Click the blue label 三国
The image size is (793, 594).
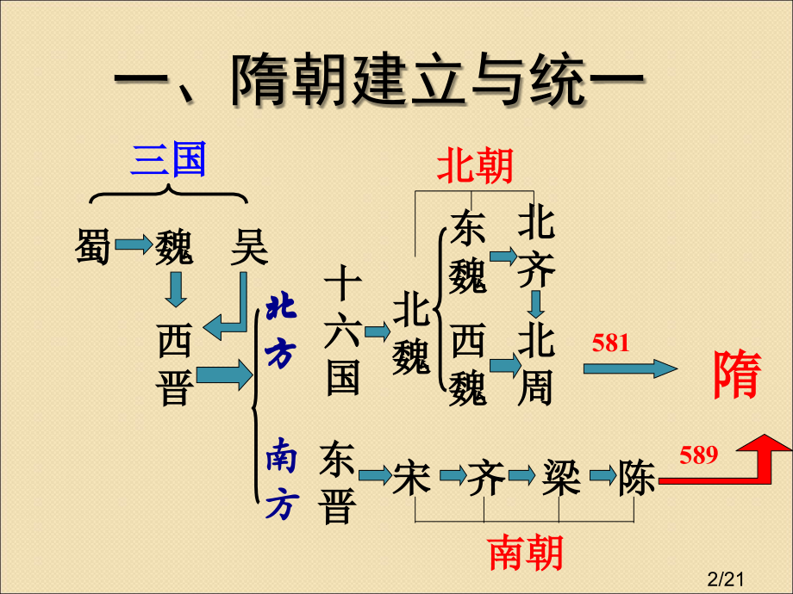pyautogui.click(x=168, y=161)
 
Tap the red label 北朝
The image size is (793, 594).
pyautogui.click(x=475, y=165)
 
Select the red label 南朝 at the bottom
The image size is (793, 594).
pyautogui.click(x=526, y=553)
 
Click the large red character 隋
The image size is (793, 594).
pyautogui.click(x=738, y=375)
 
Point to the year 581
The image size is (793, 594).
pyautogui.click(x=611, y=343)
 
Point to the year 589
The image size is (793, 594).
pyautogui.click(x=698, y=455)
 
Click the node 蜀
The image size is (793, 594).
pyautogui.click(x=93, y=247)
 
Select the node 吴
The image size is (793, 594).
pyautogui.click(x=249, y=247)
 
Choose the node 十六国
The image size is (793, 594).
pyautogui.click(x=342, y=331)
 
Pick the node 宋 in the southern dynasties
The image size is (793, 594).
pyautogui.click(x=411, y=477)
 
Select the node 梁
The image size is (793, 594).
pyautogui.click(x=561, y=477)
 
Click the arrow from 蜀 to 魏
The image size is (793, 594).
pyautogui.click(x=133, y=246)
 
